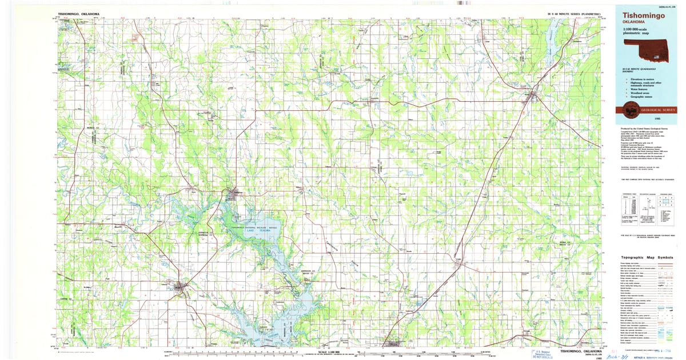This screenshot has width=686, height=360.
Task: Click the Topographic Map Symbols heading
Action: [x=645, y=258]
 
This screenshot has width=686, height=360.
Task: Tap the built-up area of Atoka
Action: [x=533, y=95]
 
